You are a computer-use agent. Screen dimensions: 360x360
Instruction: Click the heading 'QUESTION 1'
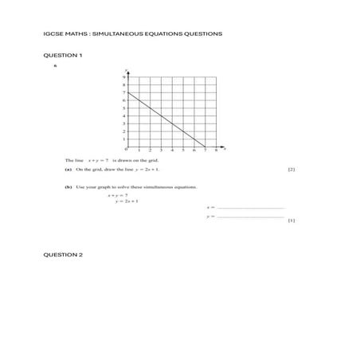61,55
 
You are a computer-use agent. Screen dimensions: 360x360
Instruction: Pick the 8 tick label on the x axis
216,150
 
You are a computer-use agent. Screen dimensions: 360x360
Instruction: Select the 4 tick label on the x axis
172,150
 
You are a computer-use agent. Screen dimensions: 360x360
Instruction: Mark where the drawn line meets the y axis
127,93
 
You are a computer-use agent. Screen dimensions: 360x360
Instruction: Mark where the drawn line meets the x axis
205,147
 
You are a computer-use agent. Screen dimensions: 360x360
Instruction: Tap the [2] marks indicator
292,170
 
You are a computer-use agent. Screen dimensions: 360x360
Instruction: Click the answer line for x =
250,207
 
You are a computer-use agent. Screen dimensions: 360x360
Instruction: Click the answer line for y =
250,216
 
